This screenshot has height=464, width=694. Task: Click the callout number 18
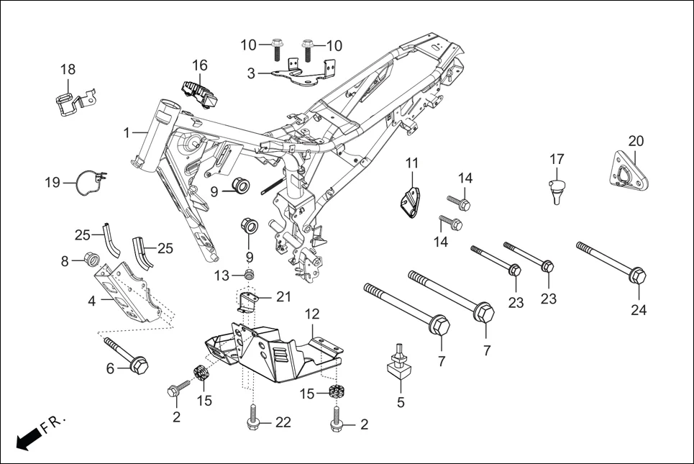[68, 70]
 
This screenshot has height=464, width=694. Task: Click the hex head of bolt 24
[637, 276]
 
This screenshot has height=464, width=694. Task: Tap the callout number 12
[311, 314]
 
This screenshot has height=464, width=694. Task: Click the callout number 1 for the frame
[127, 133]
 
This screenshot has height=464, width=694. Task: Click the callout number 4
[92, 301]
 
